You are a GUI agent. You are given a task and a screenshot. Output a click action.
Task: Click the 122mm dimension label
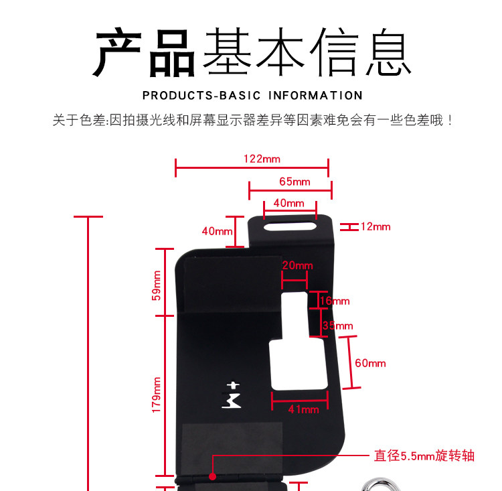click(x=262, y=159)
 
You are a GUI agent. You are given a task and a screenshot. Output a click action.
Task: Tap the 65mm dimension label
click(x=295, y=182)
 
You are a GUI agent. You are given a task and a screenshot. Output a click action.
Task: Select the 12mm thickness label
click(x=375, y=227)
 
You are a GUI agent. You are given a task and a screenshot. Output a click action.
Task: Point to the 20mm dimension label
click(x=297, y=265)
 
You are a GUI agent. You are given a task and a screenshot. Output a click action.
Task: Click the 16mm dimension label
click(x=335, y=301)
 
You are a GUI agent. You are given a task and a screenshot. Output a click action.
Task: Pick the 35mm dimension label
click(x=338, y=326)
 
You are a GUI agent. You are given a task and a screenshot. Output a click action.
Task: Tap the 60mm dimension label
click(x=370, y=363)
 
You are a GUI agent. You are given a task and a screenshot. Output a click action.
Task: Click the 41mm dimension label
click(x=303, y=409)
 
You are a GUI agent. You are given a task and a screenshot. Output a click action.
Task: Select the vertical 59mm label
click(x=156, y=285)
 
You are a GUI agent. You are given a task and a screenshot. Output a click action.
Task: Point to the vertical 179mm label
click(x=156, y=395)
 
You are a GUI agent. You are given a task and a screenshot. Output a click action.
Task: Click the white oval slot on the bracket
click(x=290, y=226)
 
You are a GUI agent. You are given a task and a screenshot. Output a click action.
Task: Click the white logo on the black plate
click(x=232, y=396)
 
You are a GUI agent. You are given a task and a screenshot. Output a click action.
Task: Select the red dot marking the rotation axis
click(x=212, y=476)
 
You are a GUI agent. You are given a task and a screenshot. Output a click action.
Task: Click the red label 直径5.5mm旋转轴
click(x=424, y=455)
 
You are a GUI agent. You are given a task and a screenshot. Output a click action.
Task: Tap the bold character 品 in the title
click(x=172, y=53)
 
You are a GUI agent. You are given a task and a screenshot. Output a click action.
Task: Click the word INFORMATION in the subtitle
click(x=315, y=96)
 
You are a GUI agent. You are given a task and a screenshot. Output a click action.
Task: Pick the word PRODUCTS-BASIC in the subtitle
click(x=201, y=96)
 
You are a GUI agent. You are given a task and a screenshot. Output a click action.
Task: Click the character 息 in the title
click(x=388, y=52)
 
